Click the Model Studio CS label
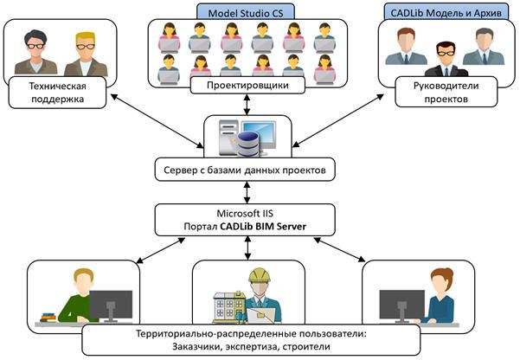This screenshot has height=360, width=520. tap(245, 10)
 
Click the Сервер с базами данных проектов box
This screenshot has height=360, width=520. tap(243, 170)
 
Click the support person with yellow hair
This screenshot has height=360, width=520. tap(84, 53)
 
